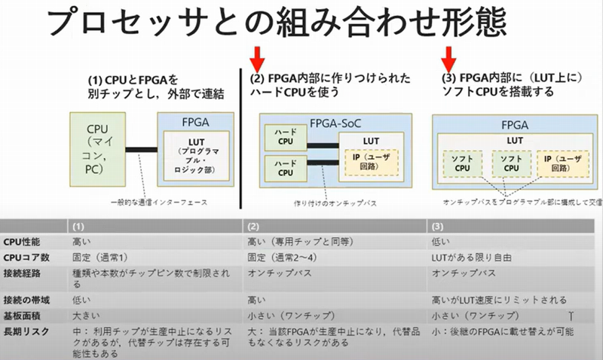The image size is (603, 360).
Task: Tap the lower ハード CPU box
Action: click(x=284, y=167)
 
